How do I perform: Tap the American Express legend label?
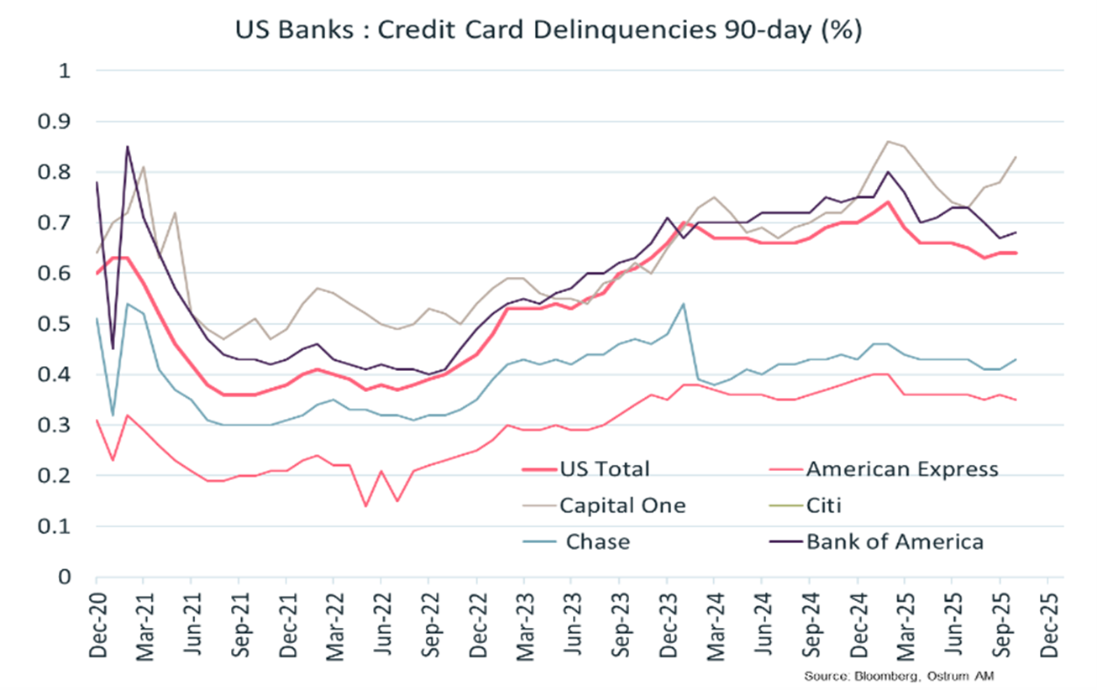click(901, 468)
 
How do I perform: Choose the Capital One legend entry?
click(622, 505)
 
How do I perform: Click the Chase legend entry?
click(597, 541)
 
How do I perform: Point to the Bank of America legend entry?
click(894, 541)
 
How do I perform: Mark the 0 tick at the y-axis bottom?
click(63, 578)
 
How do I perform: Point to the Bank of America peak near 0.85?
click(128, 147)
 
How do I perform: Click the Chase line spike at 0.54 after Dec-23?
click(683, 304)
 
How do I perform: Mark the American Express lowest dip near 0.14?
click(365, 506)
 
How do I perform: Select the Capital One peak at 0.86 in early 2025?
click(888, 141)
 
